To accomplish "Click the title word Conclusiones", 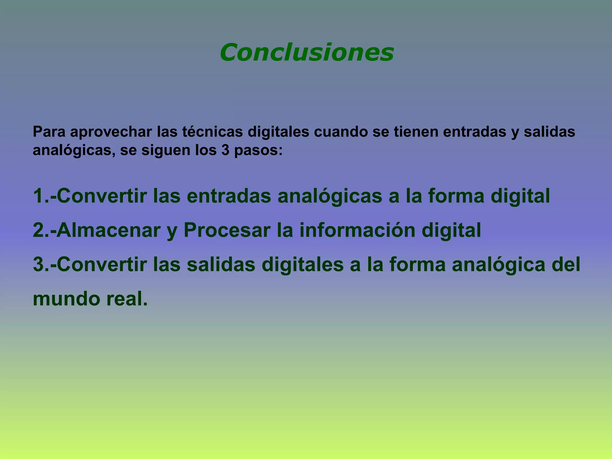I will point(307,52).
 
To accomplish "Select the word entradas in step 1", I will point(229,196).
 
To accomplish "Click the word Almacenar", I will point(108,230).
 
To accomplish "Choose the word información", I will point(357,230).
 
